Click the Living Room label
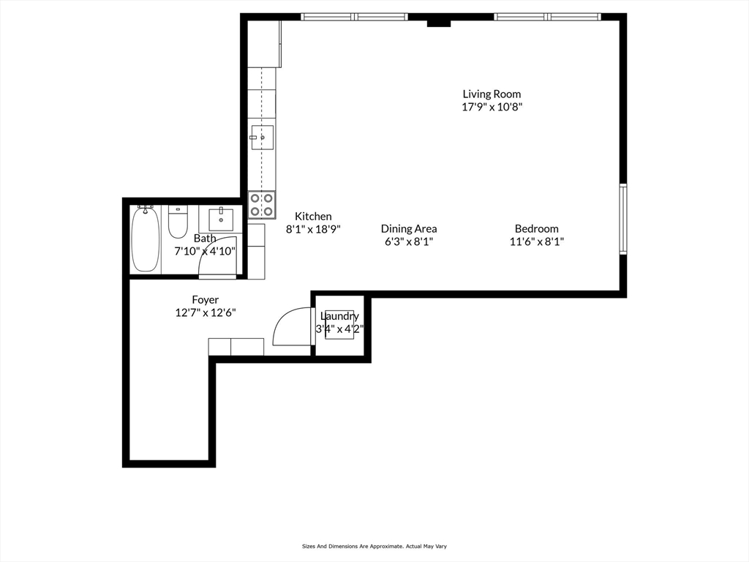click(x=492, y=94)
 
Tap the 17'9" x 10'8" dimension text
click(x=492, y=107)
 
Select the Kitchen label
click(x=313, y=216)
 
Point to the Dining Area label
click(x=409, y=228)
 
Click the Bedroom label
click(x=536, y=228)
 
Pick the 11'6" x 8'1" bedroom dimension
click(x=536, y=241)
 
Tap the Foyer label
click(x=205, y=299)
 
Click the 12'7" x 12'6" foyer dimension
click(x=205, y=312)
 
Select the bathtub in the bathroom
click(x=145, y=239)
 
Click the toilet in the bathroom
click(x=178, y=222)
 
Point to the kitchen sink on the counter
click(x=262, y=137)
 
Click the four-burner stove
click(x=262, y=205)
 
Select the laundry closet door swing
click(x=290, y=326)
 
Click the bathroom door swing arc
click(x=219, y=258)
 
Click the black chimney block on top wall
click(x=438, y=22)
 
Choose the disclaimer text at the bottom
click(x=374, y=546)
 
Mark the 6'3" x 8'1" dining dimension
click(x=409, y=241)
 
